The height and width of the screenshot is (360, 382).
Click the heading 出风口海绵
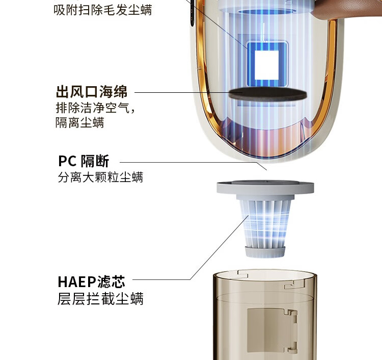pos(92,92)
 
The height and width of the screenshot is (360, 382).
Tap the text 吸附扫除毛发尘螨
pos(102,10)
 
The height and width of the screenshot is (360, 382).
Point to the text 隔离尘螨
pos(80,122)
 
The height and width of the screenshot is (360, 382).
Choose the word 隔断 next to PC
pos(95,161)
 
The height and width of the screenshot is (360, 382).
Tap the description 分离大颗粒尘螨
pos(101,177)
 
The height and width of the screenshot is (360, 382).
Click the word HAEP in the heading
pos(77,282)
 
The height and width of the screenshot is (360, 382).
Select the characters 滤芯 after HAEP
pos(112,281)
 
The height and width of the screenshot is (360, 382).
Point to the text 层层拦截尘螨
pos(101,298)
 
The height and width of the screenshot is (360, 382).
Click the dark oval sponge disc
pos(267,94)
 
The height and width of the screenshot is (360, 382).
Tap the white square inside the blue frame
pos(266,65)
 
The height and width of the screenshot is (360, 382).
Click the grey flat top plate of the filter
pos(265,187)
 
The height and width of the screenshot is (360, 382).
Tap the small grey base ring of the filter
pos(265,252)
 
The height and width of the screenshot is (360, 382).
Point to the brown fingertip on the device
pos(346,9)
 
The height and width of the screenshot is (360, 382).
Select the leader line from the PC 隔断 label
pos(193,163)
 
